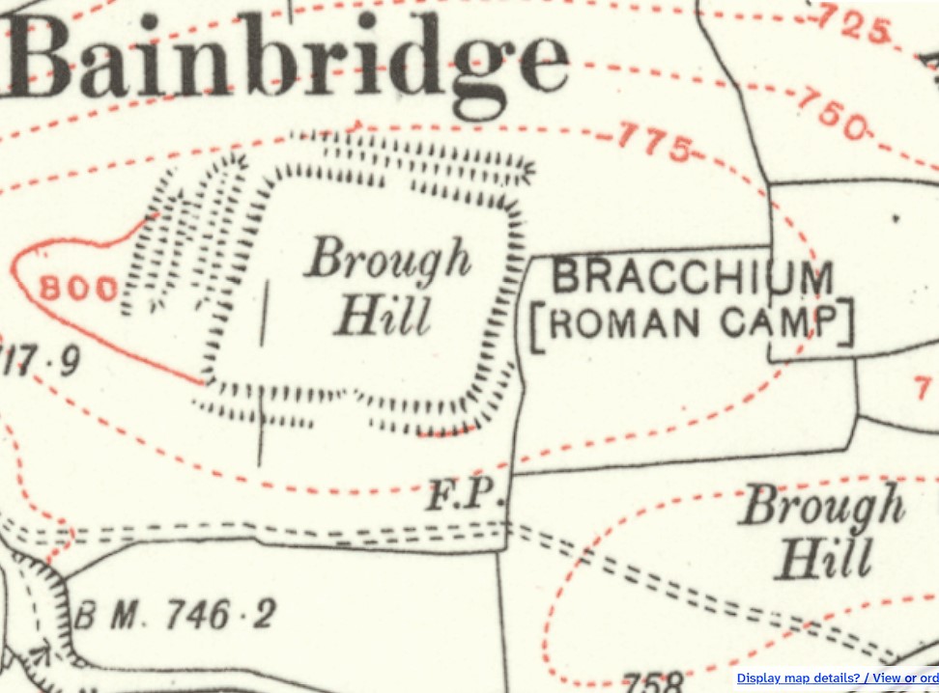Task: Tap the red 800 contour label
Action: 80,288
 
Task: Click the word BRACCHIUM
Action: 693,278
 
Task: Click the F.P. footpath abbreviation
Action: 467,497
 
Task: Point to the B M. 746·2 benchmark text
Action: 174,614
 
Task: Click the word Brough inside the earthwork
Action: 389,259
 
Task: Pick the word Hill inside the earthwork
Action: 382,316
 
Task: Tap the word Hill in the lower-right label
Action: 824,558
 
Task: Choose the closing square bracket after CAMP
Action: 846,322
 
